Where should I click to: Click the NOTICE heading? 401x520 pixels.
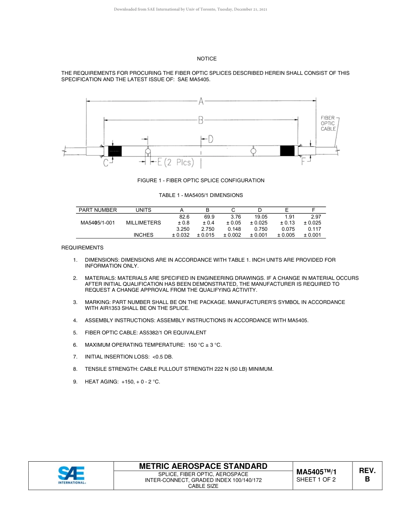[x=206, y=59]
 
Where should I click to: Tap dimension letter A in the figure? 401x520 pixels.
[x=201, y=101]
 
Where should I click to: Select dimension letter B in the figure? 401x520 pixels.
[x=201, y=120]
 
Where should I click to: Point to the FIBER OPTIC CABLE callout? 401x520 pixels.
[x=328, y=123]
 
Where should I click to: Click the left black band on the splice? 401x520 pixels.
[x=115, y=151]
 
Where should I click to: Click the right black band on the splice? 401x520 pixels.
[x=287, y=151]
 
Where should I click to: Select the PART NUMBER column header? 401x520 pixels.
[x=98, y=210]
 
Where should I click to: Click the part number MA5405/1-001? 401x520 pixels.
[x=98, y=223]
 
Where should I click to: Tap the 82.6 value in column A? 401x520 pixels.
[x=184, y=216]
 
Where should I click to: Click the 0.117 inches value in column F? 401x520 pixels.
[x=314, y=229]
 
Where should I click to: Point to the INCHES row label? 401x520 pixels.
[x=144, y=235]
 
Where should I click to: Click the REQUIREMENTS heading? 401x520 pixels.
[x=82, y=248]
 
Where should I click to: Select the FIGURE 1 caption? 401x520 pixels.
[x=201, y=181]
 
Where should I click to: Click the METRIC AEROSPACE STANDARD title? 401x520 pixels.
[x=203, y=466]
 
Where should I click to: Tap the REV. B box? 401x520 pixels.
[x=367, y=475]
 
